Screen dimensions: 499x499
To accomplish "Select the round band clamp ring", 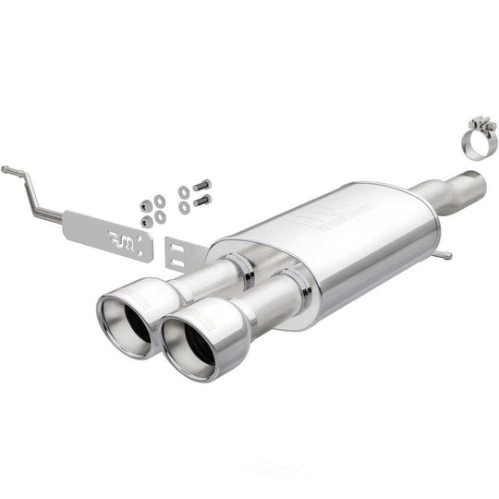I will click(x=478, y=142).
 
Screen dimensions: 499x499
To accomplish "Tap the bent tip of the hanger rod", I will click(x=6, y=170).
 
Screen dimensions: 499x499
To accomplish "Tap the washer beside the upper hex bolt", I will click(x=184, y=191).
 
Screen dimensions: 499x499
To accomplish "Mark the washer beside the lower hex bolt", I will click(x=184, y=207).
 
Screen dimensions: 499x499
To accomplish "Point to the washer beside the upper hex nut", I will click(x=160, y=201).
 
